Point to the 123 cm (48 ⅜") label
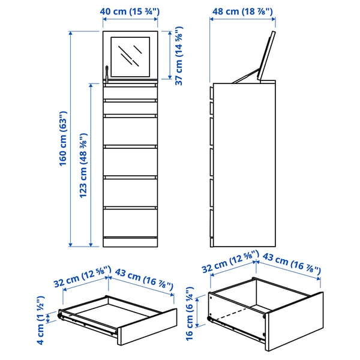(x=84, y=166)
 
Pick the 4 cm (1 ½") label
(x=41, y=316)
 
